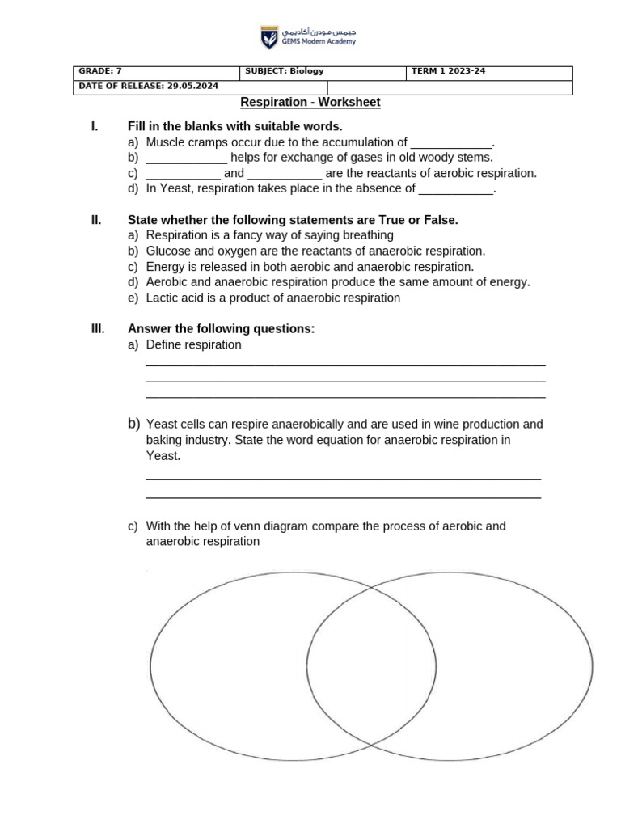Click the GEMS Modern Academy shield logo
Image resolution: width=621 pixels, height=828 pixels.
(x=268, y=37)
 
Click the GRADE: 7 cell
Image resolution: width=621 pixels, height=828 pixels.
(x=156, y=72)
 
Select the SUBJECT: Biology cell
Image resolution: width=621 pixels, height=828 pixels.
(x=323, y=72)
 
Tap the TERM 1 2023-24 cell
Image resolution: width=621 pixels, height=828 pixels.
(x=489, y=72)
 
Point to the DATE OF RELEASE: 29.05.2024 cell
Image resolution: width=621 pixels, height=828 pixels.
(x=200, y=87)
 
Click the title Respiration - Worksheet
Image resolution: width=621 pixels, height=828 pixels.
(x=310, y=103)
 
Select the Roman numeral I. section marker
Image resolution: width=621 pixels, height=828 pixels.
(x=95, y=126)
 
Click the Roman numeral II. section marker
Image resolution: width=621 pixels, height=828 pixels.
(x=95, y=220)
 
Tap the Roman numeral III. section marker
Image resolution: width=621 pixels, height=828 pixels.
(x=97, y=329)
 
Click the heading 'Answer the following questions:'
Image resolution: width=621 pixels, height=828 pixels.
(x=221, y=329)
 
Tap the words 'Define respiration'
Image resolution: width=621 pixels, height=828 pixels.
(x=193, y=345)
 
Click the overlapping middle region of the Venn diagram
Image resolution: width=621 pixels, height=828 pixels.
(x=371, y=665)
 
